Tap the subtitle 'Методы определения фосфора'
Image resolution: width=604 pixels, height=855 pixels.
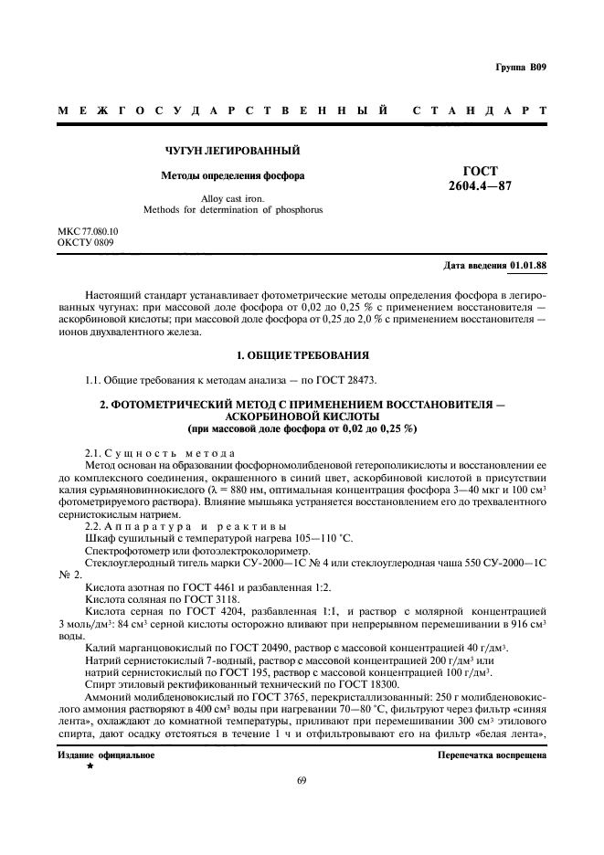219,174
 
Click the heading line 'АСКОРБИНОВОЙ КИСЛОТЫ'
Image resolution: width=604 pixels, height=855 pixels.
302,415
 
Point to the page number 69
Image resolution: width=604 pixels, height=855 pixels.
302,780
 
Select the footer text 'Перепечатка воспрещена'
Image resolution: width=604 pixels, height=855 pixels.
492,755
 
